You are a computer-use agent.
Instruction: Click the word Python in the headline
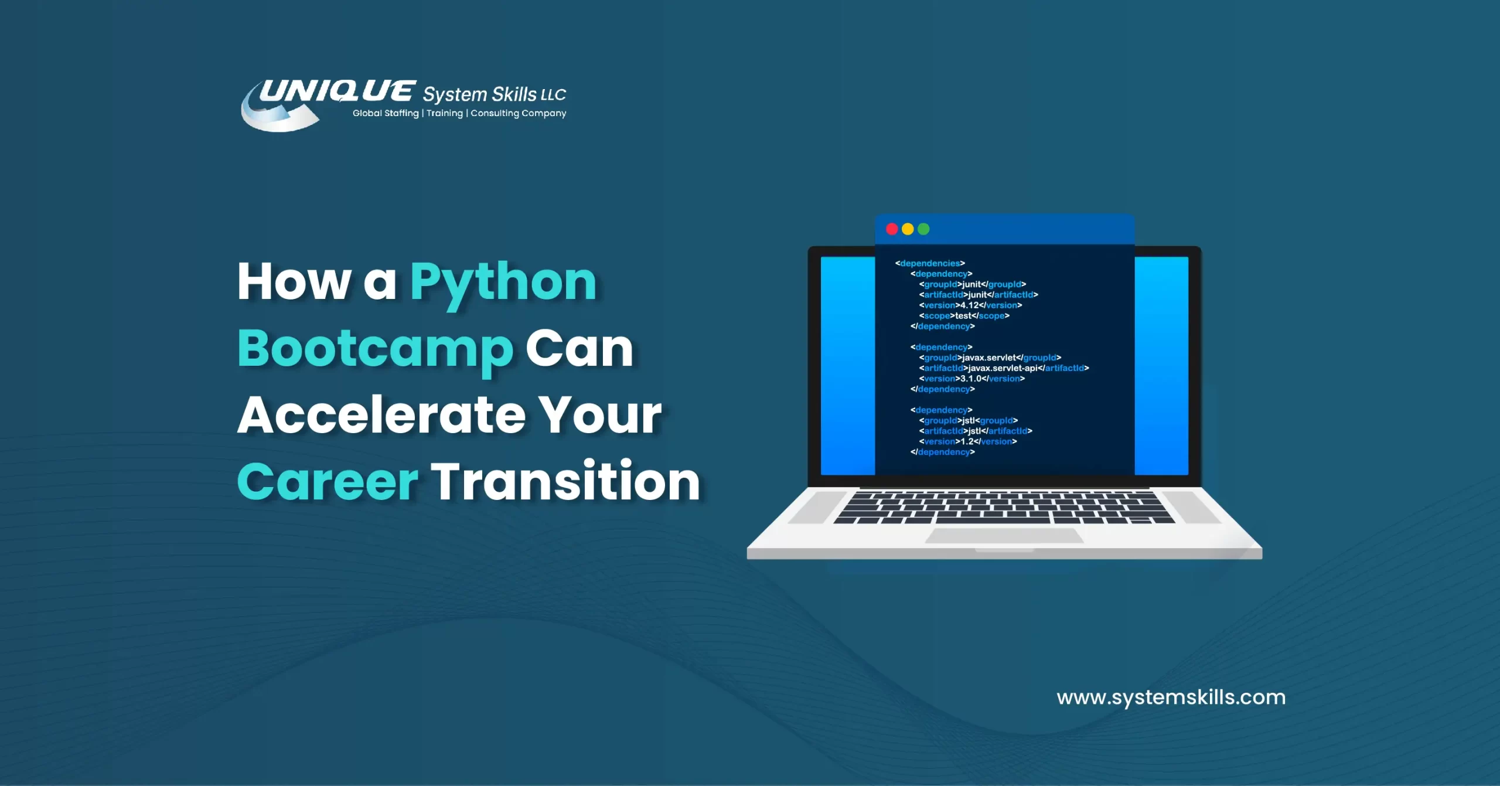click(503, 283)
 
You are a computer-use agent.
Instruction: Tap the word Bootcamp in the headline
click(375, 349)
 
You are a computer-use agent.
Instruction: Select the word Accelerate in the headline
click(381, 415)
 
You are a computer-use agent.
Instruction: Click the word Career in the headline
click(328, 482)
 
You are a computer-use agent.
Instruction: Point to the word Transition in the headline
click(565, 482)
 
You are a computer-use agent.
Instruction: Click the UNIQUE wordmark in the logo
click(337, 91)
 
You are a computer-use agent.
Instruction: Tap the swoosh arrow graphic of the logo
click(275, 117)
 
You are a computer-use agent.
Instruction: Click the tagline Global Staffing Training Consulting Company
click(459, 113)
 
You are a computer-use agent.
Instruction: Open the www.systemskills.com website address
click(1171, 697)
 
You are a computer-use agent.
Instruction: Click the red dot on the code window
click(892, 229)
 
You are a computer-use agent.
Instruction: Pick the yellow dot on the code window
click(908, 229)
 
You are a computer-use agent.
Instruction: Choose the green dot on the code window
click(923, 229)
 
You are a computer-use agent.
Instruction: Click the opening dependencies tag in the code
click(930, 263)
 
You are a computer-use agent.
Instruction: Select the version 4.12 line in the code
click(970, 305)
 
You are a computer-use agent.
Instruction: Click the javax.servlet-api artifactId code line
click(1004, 368)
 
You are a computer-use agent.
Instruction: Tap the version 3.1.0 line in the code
click(971, 379)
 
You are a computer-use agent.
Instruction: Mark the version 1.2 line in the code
click(967, 441)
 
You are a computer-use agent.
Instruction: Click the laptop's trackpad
click(1004, 536)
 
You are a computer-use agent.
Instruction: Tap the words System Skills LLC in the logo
click(494, 94)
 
